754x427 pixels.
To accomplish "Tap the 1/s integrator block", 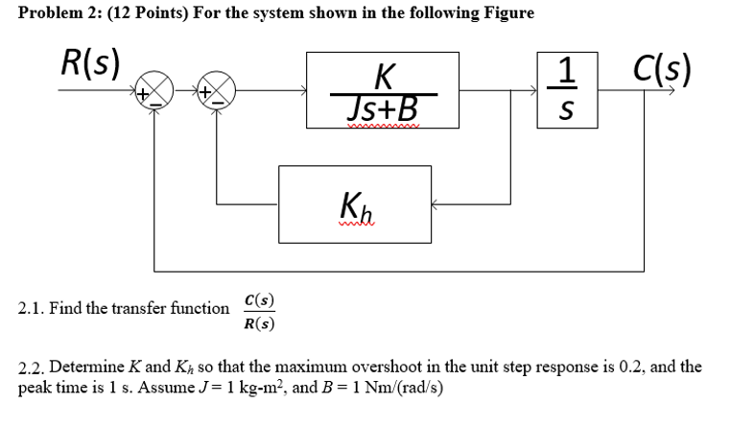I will tap(567, 93).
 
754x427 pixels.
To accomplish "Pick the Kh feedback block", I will tap(355, 203).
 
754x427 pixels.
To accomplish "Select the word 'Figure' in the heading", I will tap(506, 13).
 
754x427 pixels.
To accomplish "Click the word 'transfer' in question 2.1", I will tap(141, 309).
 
